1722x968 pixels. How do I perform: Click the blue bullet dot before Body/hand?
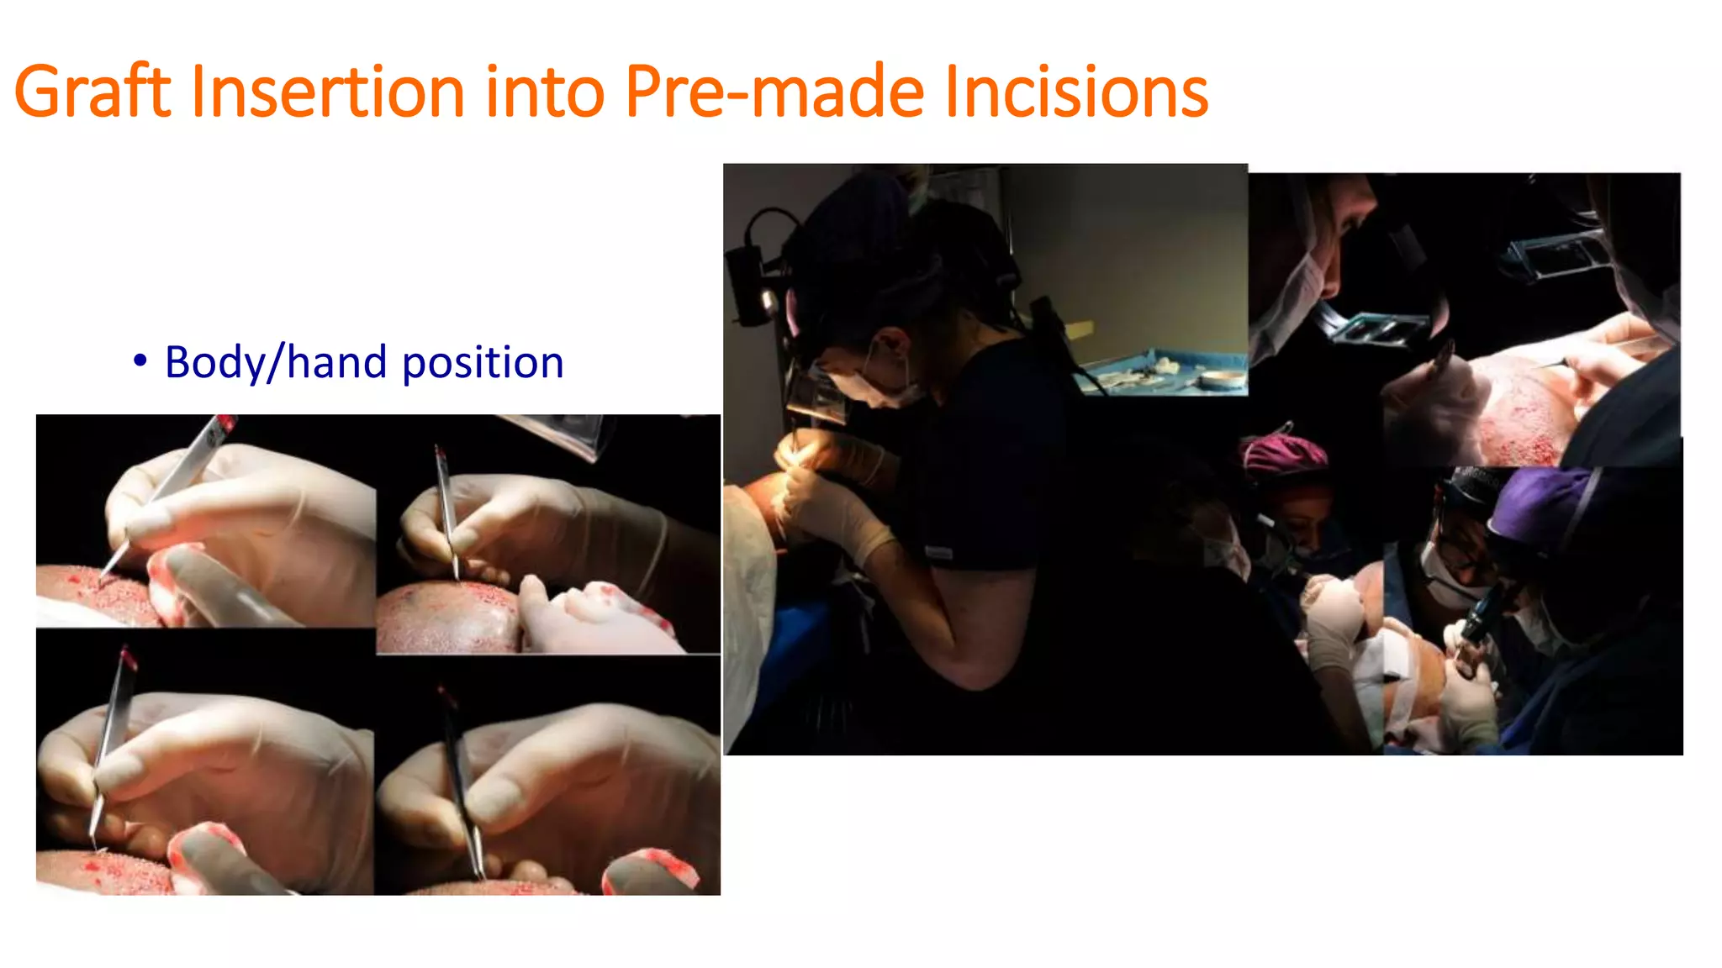coord(140,361)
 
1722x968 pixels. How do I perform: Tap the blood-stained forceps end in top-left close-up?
coord(224,425)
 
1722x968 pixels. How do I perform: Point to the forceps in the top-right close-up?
coord(446,513)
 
